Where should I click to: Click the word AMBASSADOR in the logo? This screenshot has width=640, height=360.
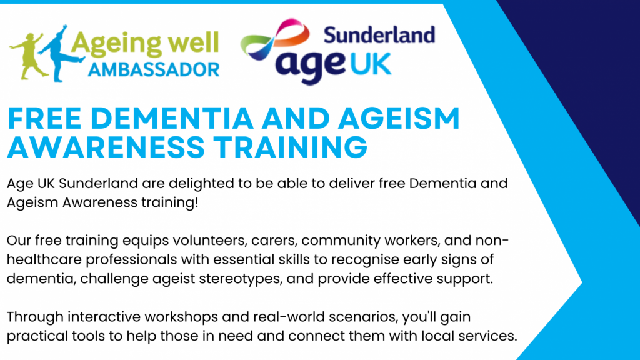154,70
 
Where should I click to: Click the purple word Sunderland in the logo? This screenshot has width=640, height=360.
379,35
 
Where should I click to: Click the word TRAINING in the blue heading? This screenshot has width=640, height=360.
291,146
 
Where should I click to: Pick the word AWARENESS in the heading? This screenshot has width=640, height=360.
106,146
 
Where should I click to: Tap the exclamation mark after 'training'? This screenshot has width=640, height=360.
196,202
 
